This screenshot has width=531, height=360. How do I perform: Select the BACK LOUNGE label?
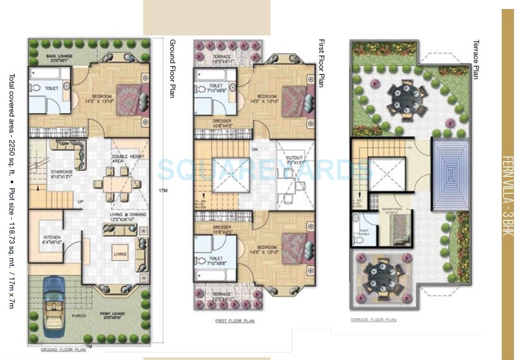(58, 58)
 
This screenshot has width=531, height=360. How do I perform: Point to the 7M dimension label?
(88, 346)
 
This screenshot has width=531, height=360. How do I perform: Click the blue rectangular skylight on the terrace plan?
(450, 174)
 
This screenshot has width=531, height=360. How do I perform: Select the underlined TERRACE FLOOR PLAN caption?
(373, 320)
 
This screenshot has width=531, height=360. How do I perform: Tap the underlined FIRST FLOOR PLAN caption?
(235, 321)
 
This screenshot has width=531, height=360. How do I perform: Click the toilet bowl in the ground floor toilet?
(36, 88)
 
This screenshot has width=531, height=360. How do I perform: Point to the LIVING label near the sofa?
(120, 254)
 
